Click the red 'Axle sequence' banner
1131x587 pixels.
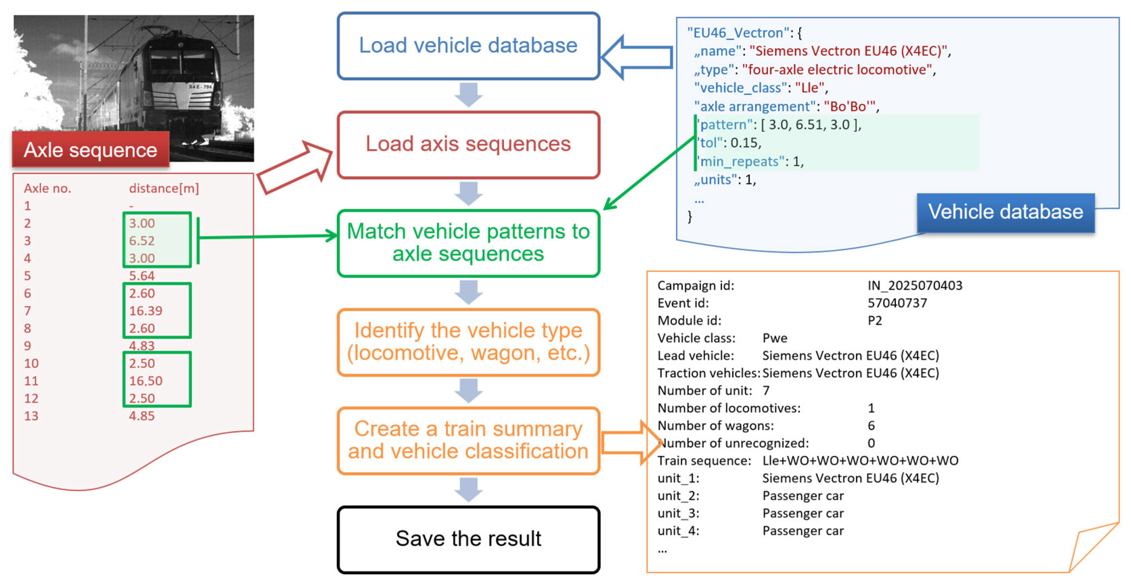(x=90, y=150)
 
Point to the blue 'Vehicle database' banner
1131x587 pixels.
(x=1005, y=212)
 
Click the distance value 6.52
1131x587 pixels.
(x=142, y=241)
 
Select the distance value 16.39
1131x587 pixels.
(x=145, y=311)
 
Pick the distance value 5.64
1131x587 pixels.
(x=142, y=276)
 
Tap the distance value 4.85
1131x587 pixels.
(x=142, y=416)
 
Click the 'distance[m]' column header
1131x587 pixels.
(x=164, y=188)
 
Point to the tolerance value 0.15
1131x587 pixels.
(x=745, y=143)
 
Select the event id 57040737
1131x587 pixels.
(x=897, y=303)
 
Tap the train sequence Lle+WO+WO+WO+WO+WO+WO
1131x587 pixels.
(x=860, y=460)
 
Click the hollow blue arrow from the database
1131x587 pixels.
(x=637, y=57)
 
